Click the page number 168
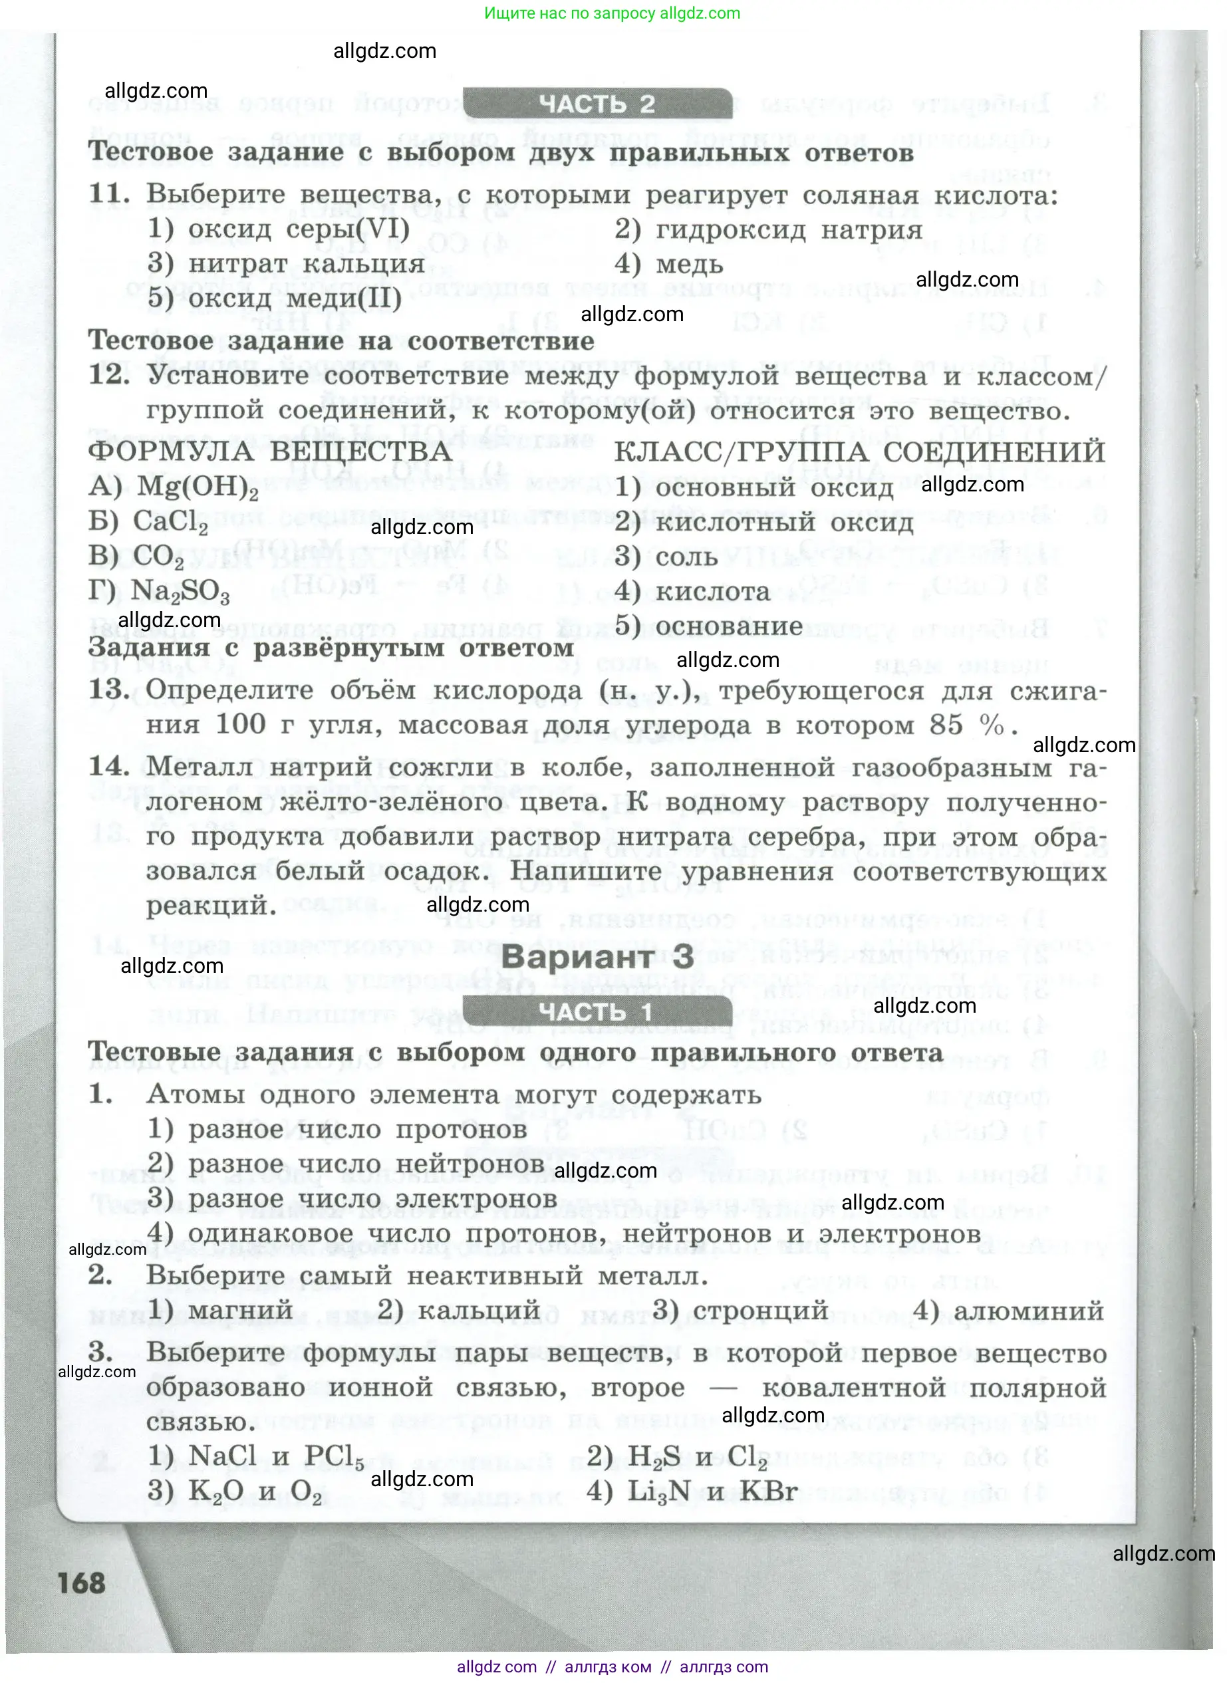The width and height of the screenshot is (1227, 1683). pos(81,1583)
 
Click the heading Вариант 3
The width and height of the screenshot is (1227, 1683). pos(597,956)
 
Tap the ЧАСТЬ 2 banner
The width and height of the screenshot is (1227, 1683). pos(597,104)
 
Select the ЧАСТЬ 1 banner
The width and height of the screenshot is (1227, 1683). pos(597,1011)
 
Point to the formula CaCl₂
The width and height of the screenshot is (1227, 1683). pos(170,521)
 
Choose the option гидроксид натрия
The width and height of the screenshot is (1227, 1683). pos(789,229)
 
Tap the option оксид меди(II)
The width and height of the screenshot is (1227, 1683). pos(294,298)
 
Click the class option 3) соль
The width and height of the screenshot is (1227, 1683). pos(666,557)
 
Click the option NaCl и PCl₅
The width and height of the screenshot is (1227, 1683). pos(275,1456)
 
